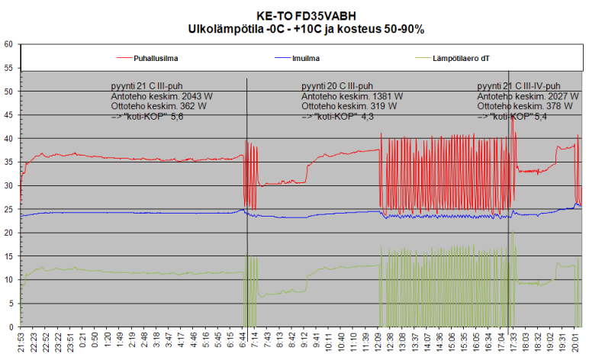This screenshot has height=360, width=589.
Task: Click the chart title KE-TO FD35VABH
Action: tap(294, 15)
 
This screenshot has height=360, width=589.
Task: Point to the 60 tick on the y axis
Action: tap(8, 44)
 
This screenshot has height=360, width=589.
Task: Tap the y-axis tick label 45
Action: tap(8, 115)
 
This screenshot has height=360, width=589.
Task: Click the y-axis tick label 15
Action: tap(8, 256)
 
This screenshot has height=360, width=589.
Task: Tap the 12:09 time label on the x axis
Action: tap(379, 342)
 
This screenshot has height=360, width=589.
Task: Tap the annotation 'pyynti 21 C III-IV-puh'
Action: tap(519, 86)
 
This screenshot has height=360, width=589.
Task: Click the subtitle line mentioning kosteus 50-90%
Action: tap(294, 28)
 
